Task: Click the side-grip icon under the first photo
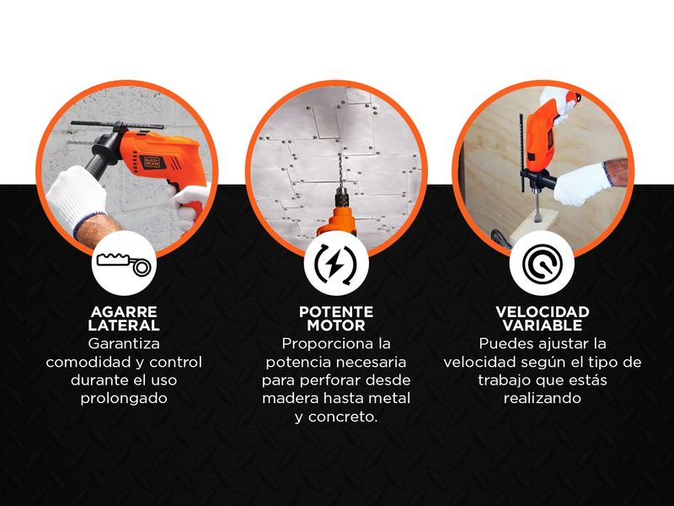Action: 124,263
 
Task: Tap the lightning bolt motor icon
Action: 335,263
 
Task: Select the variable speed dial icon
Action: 542,263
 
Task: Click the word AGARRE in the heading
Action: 124,311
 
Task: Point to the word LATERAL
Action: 124,326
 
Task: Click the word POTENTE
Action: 336,311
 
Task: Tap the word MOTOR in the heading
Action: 336,326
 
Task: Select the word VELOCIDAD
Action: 543,311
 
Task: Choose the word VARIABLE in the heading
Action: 543,326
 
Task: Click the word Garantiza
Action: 124,344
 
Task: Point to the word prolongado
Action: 124,398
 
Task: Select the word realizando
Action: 543,398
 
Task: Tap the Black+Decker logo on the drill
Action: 152,162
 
